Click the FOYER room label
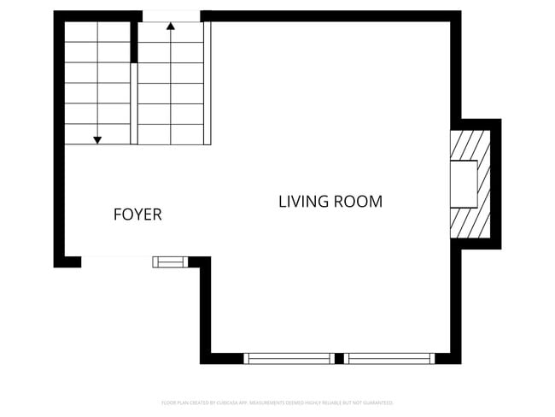pyautogui.click(x=137, y=215)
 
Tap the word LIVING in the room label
pyautogui.click(x=301, y=203)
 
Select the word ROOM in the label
pyautogui.click(x=358, y=203)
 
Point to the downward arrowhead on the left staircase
pyautogui.click(x=98, y=139)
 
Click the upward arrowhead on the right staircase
pyautogui.click(x=171, y=26)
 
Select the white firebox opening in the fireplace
pyautogui.click(x=464, y=184)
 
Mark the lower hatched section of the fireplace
pyautogui.click(x=470, y=223)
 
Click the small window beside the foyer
pyautogui.click(x=169, y=261)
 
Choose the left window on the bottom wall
pyautogui.click(x=289, y=359)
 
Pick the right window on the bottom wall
pyautogui.click(x=389, y=359)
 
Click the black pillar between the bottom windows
pyautogui.click(x=339, y=359)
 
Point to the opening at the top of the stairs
pyautogui.click(x=171, y=15)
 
